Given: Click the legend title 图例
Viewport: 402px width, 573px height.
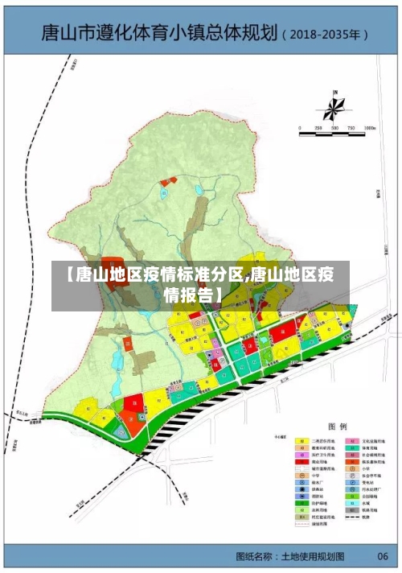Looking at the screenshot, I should point(337,427).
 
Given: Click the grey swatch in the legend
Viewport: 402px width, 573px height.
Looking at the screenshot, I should point(352,510).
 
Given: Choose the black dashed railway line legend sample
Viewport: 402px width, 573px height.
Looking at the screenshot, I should point(352,517).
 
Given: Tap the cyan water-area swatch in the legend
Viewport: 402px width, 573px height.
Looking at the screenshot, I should point(352,503).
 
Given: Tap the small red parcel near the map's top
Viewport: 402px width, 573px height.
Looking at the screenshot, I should point(166,182).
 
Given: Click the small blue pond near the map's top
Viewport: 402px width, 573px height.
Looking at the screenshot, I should point(198,190).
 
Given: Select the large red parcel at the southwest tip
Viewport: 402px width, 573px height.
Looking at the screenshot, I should point(134,401).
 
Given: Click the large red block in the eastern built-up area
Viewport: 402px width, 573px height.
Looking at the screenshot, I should point(281,333).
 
